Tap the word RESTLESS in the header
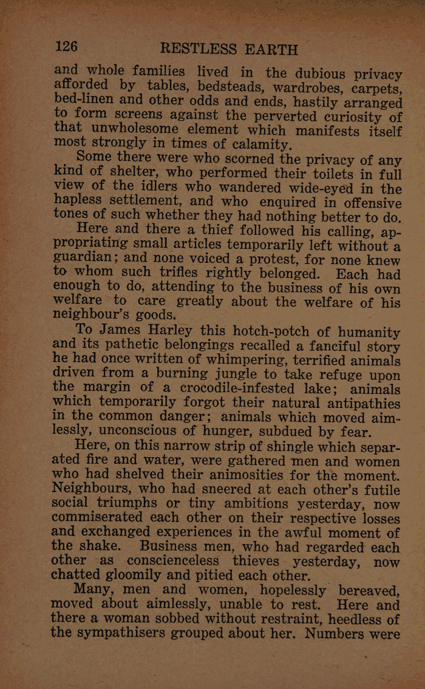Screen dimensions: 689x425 [199, 49]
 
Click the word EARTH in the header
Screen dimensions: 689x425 [271, 49]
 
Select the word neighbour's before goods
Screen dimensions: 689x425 [97, 314]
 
